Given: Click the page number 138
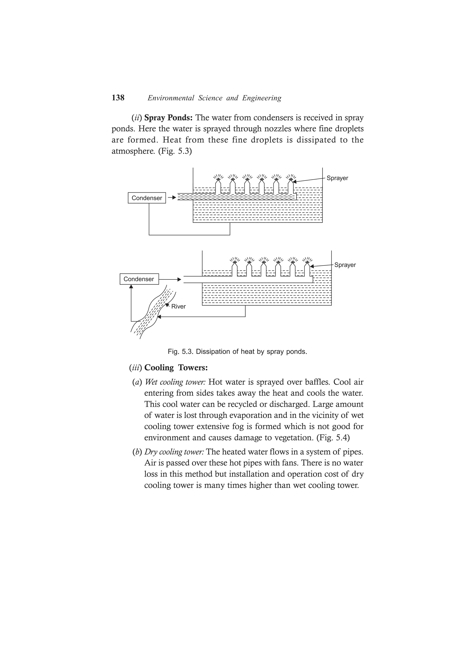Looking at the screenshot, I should click(118, 98).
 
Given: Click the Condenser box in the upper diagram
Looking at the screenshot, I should click(147, 198).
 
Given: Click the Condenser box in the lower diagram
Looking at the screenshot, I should click(139, 279).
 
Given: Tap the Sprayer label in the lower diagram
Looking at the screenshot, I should click(345, 265).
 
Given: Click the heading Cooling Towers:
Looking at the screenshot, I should click(176, 368).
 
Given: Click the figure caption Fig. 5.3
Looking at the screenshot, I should click(237, 352).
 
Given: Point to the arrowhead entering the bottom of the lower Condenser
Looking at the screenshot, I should click(131, 287).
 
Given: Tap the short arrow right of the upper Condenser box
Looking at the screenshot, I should click(172, 198).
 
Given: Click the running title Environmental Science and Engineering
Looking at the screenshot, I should click(214, 98).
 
